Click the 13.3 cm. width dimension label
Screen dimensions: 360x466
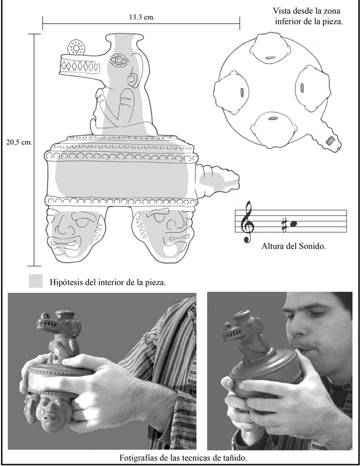click(x=142, y=17)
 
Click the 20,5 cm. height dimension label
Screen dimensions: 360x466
click(x=19, y=142)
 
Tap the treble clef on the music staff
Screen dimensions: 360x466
click(x=247, y=221)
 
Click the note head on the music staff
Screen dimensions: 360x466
click(x=294, y=224)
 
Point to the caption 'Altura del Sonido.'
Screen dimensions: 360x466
click(x=294, y=246)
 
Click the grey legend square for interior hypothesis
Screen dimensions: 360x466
click(x=36, y=281)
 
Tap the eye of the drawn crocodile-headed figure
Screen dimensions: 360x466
click(x=119, y=61)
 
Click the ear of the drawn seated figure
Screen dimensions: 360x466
click(x=132, y=79)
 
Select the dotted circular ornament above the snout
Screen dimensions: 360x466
click(x=76, y=48)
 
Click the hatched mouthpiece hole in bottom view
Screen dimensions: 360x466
click(x=330, y=140)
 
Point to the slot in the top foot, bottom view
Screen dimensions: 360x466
click(x=270, y=58)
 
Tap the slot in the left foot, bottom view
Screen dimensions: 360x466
click(x=241, y=92)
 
